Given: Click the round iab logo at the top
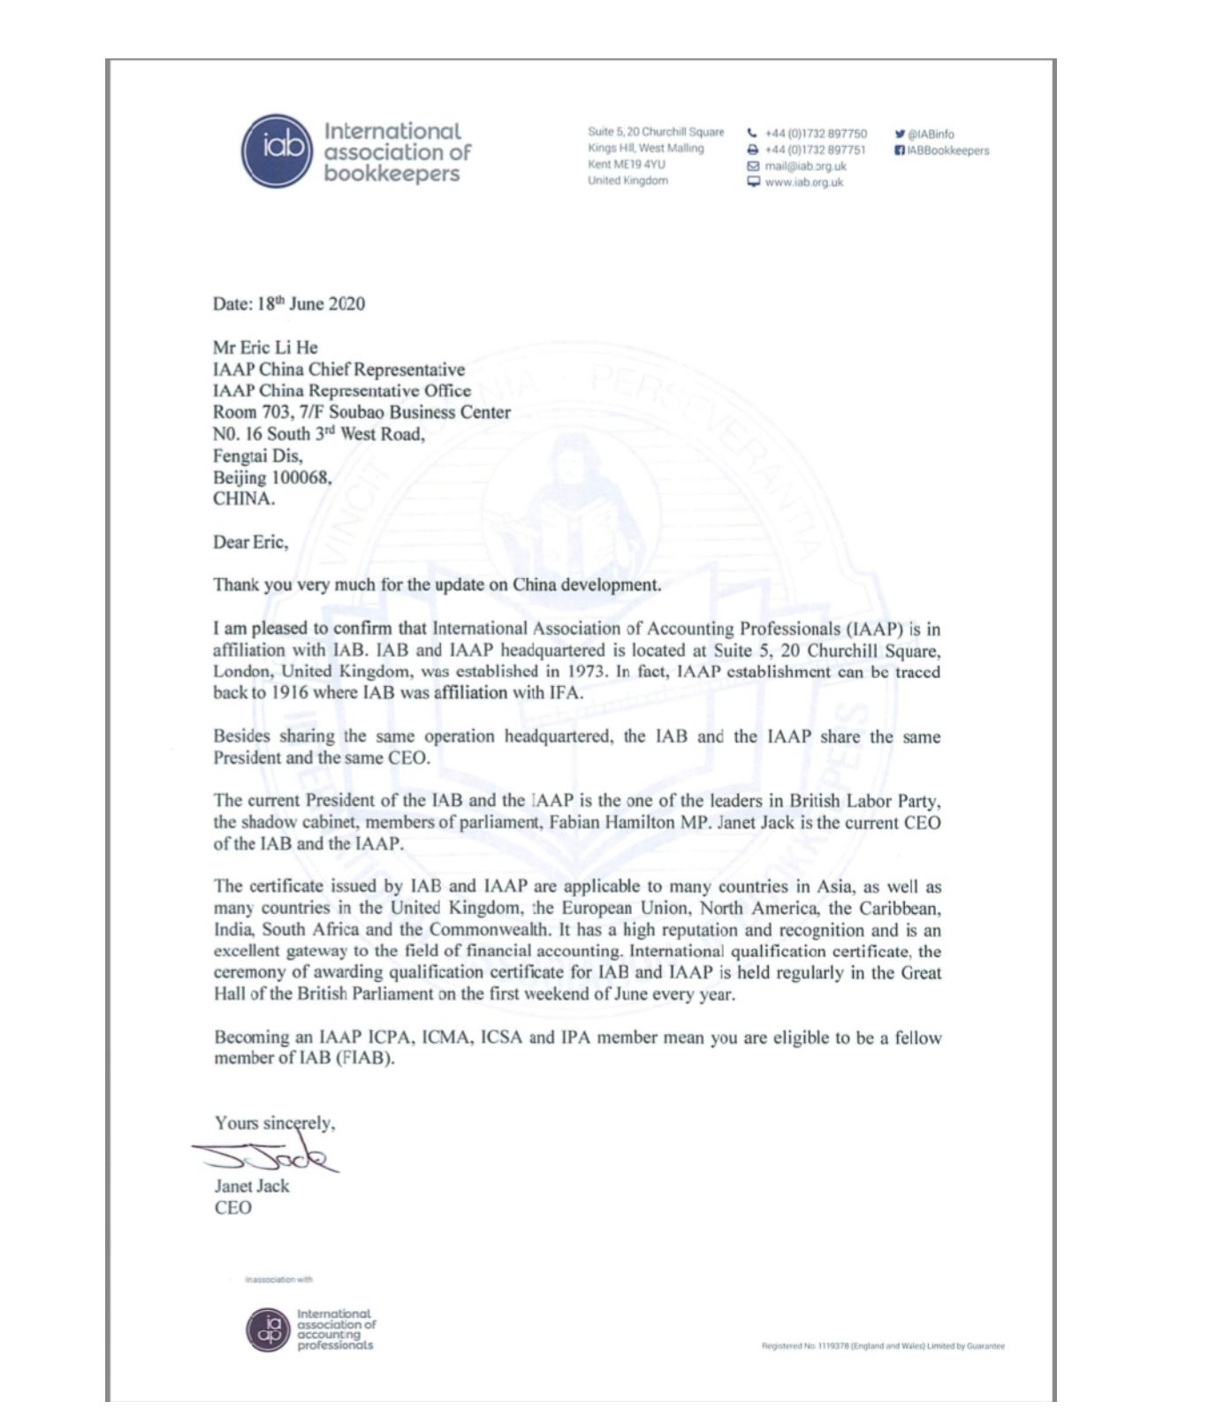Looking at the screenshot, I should click(x=277, y=151).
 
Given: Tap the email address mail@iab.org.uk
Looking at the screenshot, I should click(x=805, y=166).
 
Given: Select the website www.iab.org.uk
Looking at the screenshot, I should click(x=803, y=182).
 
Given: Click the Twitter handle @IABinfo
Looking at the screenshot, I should click(x=931, y=134).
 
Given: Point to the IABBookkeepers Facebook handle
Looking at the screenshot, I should click(x=947, y=150).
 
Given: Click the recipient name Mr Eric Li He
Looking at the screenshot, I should click(x=265, y=347).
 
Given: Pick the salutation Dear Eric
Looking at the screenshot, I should click(x=250, y=542).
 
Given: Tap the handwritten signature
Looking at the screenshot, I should click(x=265, y=1153).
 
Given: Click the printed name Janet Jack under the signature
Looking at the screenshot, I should click(x=252, y=1186).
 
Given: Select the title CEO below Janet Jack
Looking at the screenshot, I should click(x=233, y=1207).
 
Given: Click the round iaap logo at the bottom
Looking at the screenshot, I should click(x=268, y=1329).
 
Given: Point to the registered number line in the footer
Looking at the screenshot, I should click(x=882, y=1346).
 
